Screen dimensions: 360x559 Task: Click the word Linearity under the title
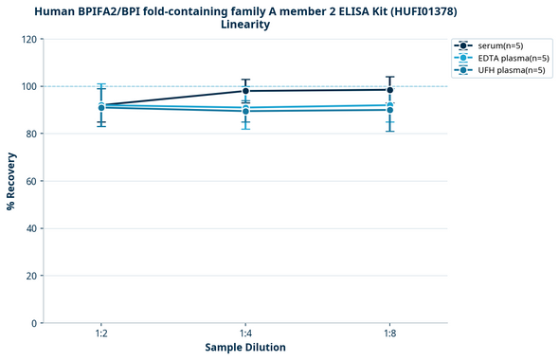pos(245,25)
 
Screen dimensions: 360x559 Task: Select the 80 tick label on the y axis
pos(29,134)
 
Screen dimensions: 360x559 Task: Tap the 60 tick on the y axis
pos(29,181)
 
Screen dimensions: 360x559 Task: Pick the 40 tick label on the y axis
pos(29,228)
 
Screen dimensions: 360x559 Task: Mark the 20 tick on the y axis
pos(29,276)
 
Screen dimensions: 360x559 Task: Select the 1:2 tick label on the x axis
pos(101,334)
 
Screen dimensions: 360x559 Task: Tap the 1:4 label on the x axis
pos(245,334)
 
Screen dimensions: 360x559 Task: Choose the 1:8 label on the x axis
pos(389,334)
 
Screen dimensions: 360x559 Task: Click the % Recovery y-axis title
pos(11,181)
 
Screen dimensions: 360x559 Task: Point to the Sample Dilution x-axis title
pos(245,348)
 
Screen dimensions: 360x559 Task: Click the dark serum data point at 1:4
pos(245,91)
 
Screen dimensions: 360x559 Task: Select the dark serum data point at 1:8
pos(389,90)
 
